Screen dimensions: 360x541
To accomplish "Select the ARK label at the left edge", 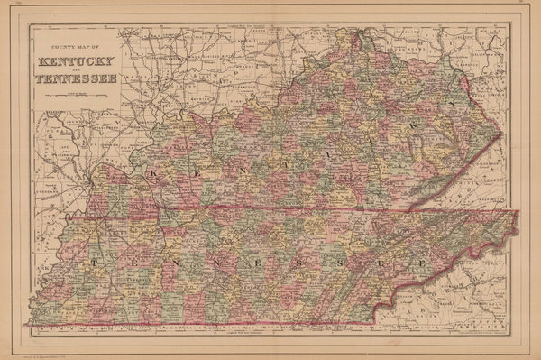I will [38, 268].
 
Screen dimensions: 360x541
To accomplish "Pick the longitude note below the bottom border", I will [270, 336].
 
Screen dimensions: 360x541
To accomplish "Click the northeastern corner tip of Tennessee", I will [520, 212].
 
